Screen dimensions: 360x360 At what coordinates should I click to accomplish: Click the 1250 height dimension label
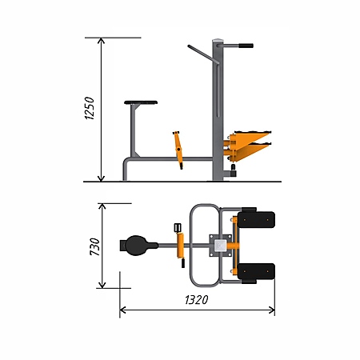pos(90,108)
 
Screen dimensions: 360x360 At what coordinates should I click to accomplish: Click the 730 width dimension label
pos(94,246)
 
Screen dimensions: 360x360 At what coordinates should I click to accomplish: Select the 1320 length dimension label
pos(197,300)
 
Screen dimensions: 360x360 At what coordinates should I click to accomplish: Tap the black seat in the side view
pos(141,102)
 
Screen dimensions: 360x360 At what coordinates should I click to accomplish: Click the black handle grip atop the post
pos(246,46)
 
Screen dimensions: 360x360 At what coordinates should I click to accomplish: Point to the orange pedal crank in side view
pos(178,150)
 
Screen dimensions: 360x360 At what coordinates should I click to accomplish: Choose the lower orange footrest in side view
pos(250,151)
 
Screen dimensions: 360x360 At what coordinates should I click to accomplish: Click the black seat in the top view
pos(138,246)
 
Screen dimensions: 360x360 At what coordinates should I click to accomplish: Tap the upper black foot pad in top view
pos(256,219)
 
